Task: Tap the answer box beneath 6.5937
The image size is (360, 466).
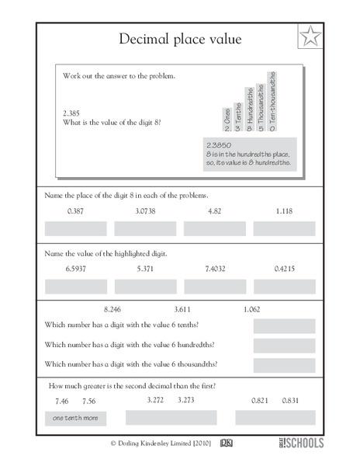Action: click(x=76, y=286)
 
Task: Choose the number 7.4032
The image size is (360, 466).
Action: click(x=215, y=268)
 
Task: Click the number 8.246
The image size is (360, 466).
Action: click(x=113, y=308)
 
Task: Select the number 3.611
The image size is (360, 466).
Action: click(x=184, y=308)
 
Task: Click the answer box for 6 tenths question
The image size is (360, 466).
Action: click(x=284, y=326)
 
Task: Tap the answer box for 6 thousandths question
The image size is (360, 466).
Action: click(x=284, y=363)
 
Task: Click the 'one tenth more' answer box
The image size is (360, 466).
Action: click(x=76, y=419)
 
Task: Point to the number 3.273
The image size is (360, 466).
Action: click(x=187, y=400)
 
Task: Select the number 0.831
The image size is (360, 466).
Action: click(x=292, y=401)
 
